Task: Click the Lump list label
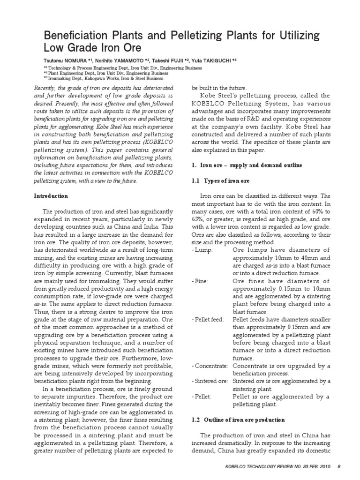click(x=202, y=250)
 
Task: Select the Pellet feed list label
click(x=208, y=319)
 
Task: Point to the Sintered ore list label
click(x=210, y=381)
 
